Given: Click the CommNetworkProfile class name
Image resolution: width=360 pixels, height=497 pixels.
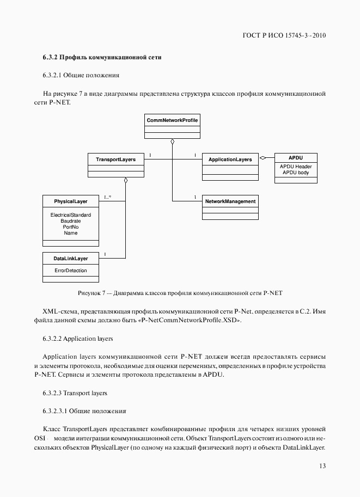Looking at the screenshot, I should (x=172, y=119).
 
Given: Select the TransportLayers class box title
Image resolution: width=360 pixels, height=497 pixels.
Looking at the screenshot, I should (x=115, y=159).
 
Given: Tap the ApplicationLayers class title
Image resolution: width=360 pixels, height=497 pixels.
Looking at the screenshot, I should (x=230, y=159).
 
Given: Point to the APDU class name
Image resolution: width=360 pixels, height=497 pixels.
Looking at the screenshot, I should (x=295, y=157).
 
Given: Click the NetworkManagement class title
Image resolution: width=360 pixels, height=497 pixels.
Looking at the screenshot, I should (x=230, y=201).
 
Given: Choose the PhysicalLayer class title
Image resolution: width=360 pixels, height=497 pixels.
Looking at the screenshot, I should (x=70, y=201).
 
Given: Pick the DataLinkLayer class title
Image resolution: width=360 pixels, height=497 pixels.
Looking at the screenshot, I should (x=70, y=257).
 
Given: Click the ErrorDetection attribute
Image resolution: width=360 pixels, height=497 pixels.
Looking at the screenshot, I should (x=70, y=271).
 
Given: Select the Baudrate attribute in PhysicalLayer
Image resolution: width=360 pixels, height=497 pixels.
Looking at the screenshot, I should (x=70, y=221).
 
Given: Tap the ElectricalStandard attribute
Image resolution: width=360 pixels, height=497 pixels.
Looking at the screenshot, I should (x=70, y=215).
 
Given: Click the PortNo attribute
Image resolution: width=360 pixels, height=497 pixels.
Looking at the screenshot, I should (x=70, y=227).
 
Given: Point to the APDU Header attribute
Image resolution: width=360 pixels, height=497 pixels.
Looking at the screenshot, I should (x=295, y=167).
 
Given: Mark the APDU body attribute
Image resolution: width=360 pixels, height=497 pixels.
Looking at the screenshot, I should (x=295, y=173).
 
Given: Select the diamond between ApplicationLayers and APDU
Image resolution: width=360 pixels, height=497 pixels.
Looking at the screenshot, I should (x=263, y=158).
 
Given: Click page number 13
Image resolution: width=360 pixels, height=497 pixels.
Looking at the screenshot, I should (x=322, y=465).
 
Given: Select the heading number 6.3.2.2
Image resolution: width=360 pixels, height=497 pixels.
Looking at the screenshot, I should (x=52, y=339).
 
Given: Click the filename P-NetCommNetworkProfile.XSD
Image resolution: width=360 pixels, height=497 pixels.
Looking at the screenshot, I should (x=189, y=321).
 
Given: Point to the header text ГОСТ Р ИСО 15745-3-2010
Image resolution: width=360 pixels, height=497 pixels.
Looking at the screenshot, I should (x=284, y=36).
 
